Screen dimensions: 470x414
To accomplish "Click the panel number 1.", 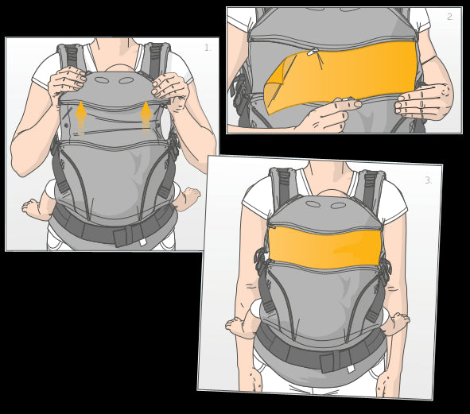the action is click(x=208, y=48).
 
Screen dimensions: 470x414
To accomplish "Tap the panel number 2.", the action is click(x=450, y=17).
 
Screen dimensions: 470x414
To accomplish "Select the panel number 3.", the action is click(x=429, y=180).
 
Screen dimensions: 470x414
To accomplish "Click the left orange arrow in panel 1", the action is click(x=80, y=118).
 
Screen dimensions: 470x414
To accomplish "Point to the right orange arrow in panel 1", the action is click(x=146, y=118).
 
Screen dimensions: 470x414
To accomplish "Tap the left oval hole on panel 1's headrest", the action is click(x=102, y=80).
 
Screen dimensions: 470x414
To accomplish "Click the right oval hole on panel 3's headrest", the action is click(x=338, y=206).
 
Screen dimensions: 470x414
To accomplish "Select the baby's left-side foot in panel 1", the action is click(x=33, y=206).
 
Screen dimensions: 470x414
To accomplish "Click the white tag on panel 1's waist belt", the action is click(x=142, y=242).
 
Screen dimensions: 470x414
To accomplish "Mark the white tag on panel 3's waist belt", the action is click(x=351, y=369).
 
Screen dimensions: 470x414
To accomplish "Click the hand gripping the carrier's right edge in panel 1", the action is click(x=169, y=88).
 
